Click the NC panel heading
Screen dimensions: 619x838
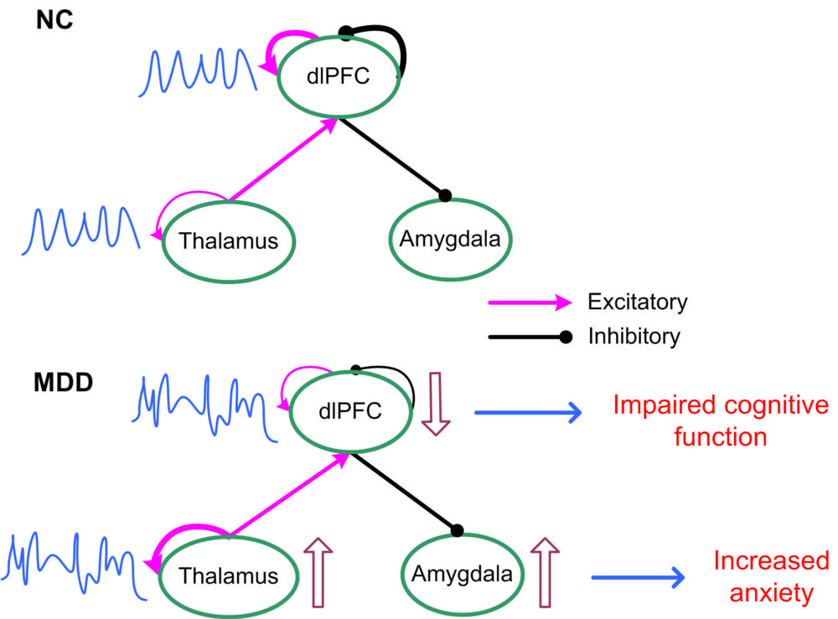[x=55, y=20]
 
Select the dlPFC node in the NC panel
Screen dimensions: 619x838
[x=337, y=78]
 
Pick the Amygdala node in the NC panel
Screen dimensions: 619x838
[x=449, y=239]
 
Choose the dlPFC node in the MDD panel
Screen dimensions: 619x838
[x=351, y=411]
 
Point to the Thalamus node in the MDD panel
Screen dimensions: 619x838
[x=228, y=575]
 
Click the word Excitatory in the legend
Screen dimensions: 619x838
[x=638, y=302]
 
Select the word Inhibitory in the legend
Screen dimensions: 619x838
[x=634, y=337]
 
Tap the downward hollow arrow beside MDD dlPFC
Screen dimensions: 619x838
[x=434, y=405]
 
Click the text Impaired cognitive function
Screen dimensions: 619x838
[x=720, y=420]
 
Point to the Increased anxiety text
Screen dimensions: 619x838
[x=770, y=576]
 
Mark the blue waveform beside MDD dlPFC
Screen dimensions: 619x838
[x=204, y=405]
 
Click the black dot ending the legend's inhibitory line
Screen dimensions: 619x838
[x=566, y=337]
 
